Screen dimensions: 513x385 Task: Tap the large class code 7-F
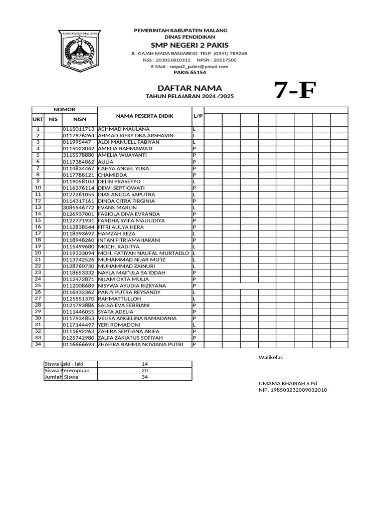point(295,92)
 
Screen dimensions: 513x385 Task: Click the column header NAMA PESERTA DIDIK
point(144,116)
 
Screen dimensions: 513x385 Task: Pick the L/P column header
point(198,116)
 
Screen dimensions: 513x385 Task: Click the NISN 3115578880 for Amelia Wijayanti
point(78,155)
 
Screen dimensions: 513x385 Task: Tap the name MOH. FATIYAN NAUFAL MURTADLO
point(144,253)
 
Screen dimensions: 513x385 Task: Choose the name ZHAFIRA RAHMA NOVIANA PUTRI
point(140,344)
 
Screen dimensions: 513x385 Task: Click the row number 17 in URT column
point(38,233)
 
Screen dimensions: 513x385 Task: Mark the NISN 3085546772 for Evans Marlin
point(78,207)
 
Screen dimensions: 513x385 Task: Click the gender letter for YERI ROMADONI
point(194,325)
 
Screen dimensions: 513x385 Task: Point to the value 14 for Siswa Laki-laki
point(145,364)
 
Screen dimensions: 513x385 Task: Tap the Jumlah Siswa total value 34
point(145,377)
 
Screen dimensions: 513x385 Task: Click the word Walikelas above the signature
point(271,358)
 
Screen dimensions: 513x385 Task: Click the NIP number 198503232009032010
point(293,389)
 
